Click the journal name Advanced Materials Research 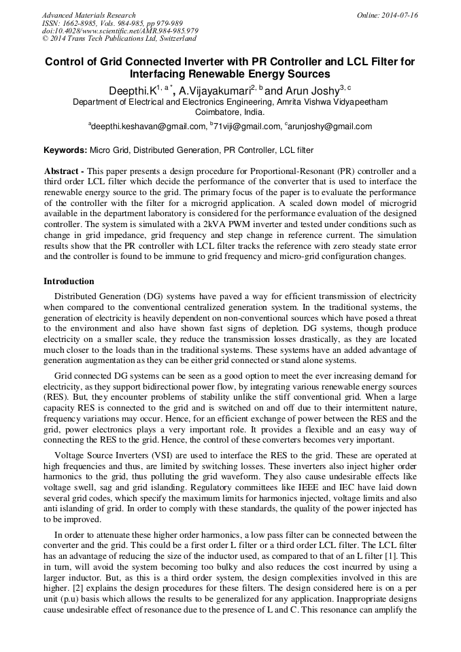88,15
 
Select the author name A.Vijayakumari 213,90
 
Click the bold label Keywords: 65,150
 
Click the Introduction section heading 69,281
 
